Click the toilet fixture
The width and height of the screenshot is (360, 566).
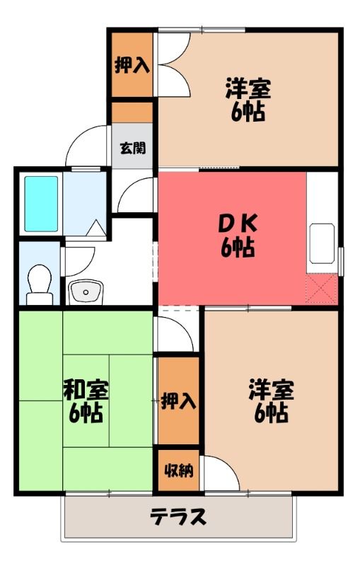coord(40,284)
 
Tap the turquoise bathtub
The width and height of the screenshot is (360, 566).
coord(41,204)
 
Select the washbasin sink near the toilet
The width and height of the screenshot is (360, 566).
coord(86,291)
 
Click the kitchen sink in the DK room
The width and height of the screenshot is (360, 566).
coord(322,243)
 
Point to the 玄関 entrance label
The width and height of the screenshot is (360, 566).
coord(133,148)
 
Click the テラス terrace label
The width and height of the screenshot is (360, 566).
coord(178,516)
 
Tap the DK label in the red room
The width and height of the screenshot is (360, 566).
coord(238,224)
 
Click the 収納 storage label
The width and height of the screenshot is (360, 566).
coord(179,470)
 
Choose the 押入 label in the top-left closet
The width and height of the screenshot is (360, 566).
coord(132,65)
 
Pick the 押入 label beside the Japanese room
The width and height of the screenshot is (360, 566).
coord(178,400)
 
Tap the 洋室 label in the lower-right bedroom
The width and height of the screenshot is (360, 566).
coord(272,390)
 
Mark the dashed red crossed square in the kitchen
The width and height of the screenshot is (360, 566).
coord(322,289)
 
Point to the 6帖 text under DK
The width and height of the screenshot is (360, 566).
coord(238,248)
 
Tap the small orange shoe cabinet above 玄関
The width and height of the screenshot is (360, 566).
coord(132,112)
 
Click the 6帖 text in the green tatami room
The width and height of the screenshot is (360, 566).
coord(86,413)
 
